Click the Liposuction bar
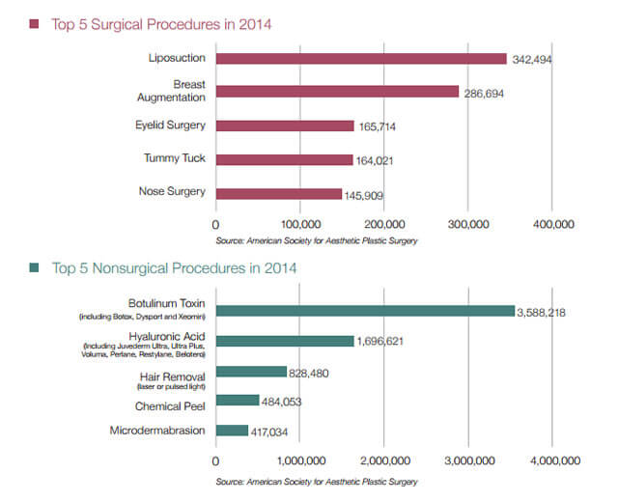click(x=360, y=59)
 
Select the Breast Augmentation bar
click(x=337, y=92)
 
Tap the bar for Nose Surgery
click(x=278, y=192)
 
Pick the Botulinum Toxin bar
click(x=364, y=310)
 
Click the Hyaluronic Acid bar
click(x=284, y=341)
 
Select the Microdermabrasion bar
click(x=231, y=431)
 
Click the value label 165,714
click(x=382, y=126)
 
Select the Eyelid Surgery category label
click(x=170, y=125)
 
